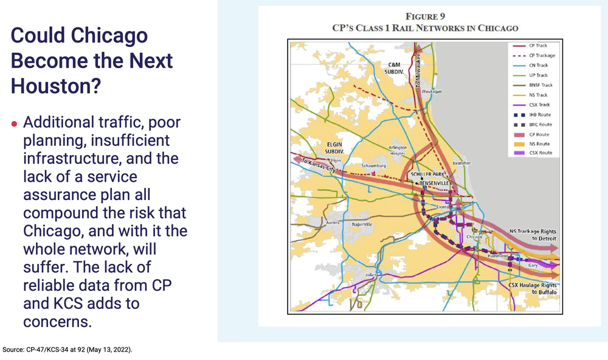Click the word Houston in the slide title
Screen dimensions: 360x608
(x=55, y=85)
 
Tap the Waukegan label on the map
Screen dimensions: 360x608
(x=432, y=91)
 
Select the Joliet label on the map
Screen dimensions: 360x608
(x=371, y=275)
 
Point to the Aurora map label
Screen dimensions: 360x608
(x=333, y=223)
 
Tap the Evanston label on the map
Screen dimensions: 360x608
(x=462, y=163)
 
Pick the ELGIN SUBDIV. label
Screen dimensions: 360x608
(x=333, y=147)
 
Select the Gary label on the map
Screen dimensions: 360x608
(x=533, y=266)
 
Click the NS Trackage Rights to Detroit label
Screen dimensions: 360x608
(x=533, y=235)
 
